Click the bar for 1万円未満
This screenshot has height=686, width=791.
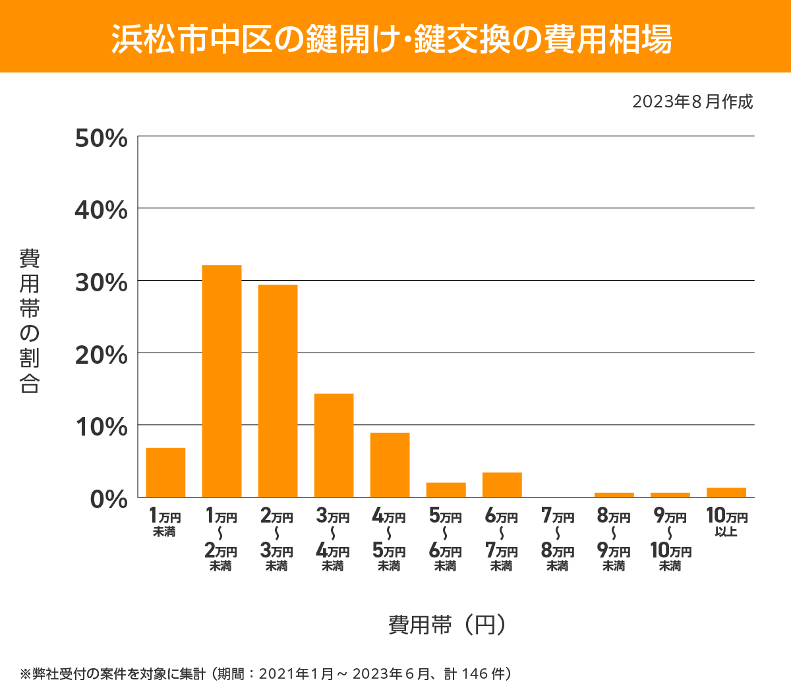[165, 472]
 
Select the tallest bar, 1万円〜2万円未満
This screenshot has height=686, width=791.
[221, 381]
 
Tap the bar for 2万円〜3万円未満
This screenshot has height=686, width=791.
[278, 391]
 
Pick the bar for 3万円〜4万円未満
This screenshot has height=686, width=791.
[334, 445]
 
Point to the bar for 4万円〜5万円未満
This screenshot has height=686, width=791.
[390, 465]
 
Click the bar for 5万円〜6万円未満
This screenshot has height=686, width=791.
[446, 490]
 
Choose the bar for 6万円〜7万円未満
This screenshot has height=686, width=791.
[502, 484]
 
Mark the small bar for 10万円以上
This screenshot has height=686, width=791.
[726, 492]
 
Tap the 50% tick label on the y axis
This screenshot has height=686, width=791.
[101, 138]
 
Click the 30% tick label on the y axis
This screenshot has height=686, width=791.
[101, 283]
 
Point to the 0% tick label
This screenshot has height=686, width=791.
[108, 499]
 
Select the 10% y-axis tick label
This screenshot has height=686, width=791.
[101, 427]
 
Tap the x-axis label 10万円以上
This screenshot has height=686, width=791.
[726, 522]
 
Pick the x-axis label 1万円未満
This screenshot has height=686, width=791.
[165, 522]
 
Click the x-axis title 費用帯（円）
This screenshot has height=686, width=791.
[447, 624]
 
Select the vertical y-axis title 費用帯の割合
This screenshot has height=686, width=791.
[30, 321]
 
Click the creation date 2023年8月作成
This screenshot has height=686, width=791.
[692, 101]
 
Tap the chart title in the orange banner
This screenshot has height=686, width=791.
[392, 39]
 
